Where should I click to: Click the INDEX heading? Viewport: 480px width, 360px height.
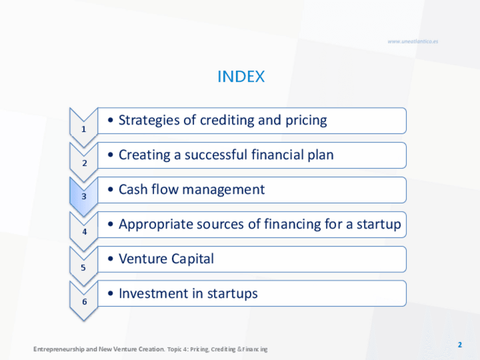click(241, 76)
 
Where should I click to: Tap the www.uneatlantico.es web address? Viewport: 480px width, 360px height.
click(413, 41)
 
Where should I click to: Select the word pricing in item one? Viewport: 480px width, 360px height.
click(306, 121)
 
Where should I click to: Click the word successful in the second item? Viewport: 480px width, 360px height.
click(216, 155)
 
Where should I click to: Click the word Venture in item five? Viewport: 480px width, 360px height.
click(143, 259)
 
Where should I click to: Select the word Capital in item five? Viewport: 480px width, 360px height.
click(192, 259)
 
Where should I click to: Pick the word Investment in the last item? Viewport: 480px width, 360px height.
click(153, 293)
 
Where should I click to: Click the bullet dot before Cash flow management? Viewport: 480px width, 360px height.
click(110, 190)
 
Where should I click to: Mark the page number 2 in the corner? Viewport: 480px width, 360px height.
click(460, 345)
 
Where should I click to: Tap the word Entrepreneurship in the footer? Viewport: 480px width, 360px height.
click(58, 349)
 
